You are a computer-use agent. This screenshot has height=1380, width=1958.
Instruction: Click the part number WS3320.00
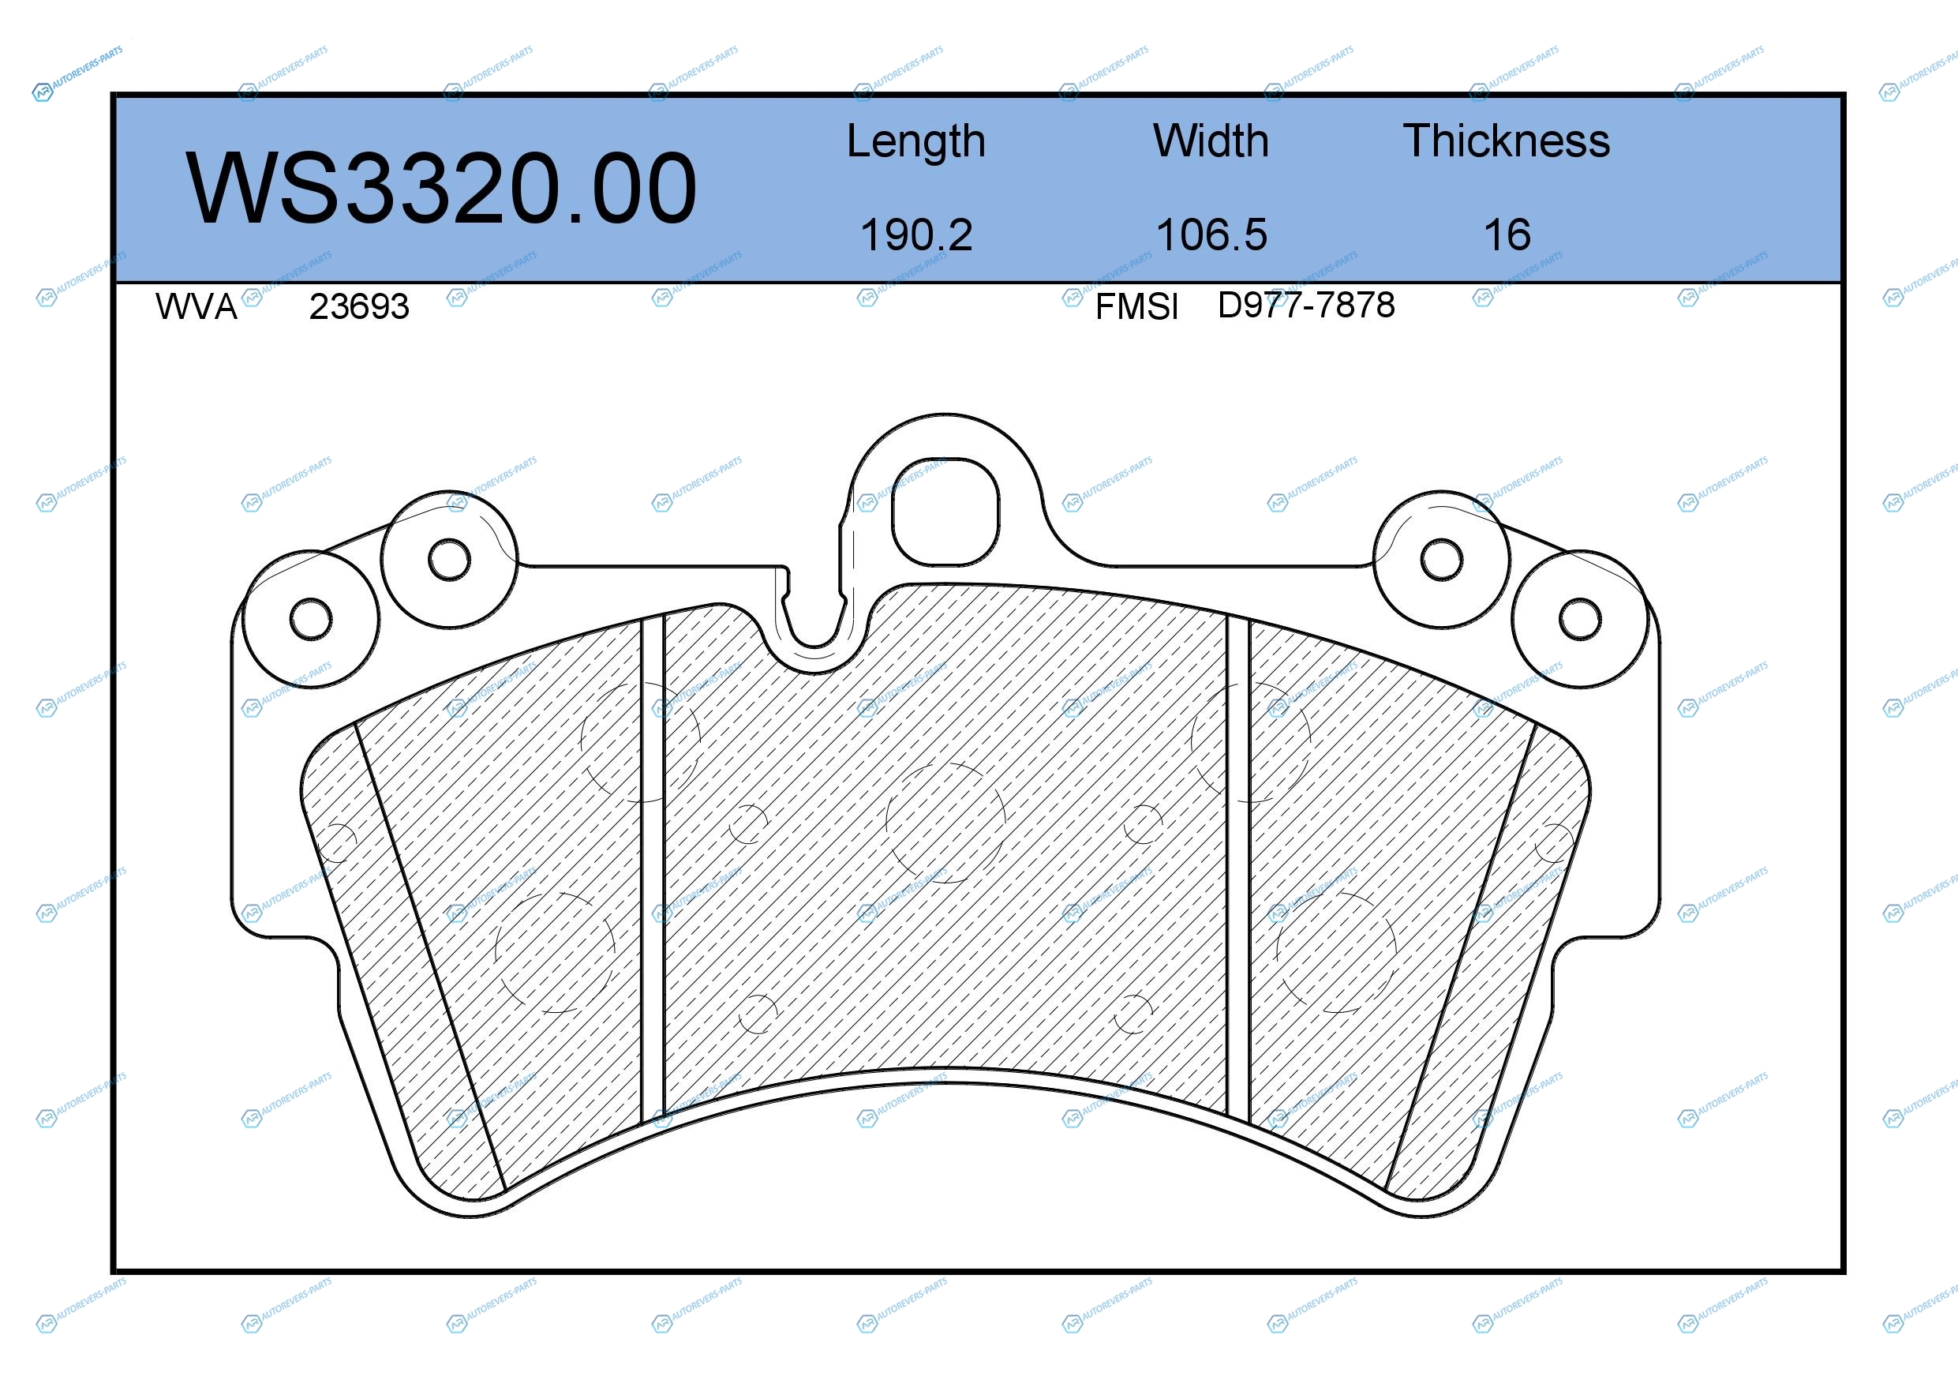click(x=441, y=188)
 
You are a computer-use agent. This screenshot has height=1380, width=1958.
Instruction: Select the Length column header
click(x=916, y=142)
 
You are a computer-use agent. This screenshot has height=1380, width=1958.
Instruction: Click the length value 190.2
click(x=916, y=234)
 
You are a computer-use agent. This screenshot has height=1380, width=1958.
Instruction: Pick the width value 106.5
click(x=1211, y=234)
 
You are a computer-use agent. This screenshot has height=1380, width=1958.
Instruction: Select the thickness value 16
click(x=1507, y=234)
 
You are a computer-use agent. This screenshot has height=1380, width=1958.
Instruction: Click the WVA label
click(x=197, y=306)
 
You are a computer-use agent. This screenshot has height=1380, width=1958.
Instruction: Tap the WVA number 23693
click(x=359, y=306)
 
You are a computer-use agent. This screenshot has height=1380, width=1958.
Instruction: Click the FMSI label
click(x=1136, y=306)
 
